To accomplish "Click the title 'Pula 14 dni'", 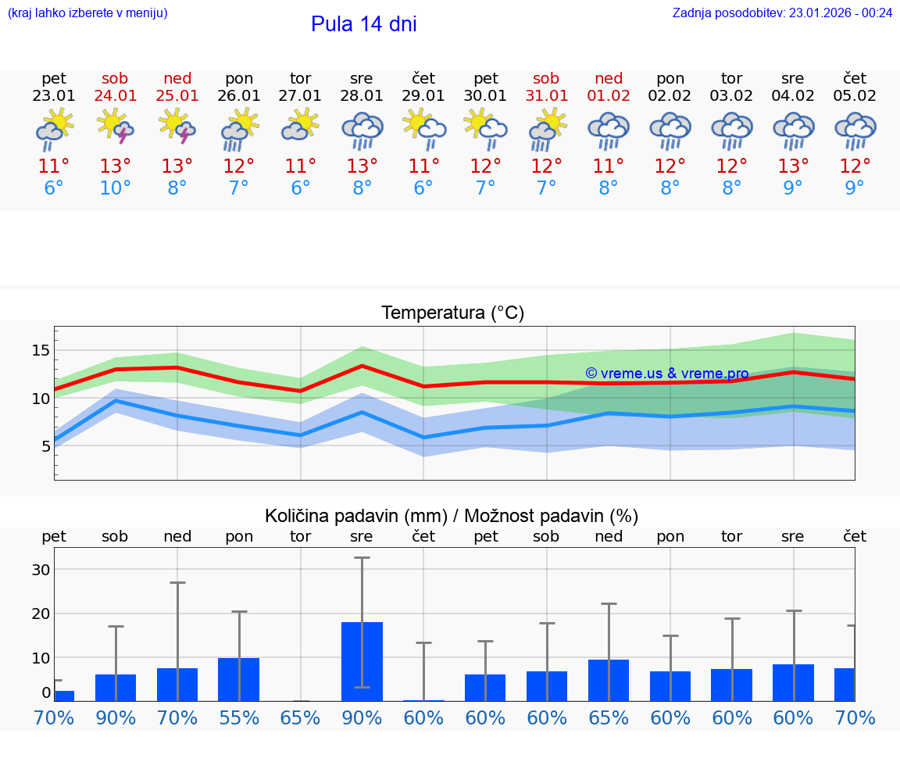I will point(363,24).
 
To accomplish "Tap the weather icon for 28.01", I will point(362,130).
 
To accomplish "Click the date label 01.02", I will point(609,96).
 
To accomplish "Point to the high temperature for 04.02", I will point(793,166).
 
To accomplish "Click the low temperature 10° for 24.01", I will point(115,188).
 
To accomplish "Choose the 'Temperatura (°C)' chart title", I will point(452,313).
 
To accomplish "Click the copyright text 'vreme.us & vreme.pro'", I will point(666,374).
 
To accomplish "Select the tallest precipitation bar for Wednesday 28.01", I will point(362,661).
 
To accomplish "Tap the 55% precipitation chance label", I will point(238,717).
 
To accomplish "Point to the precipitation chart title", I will point(451,516).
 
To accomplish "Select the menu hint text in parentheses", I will point(87,13).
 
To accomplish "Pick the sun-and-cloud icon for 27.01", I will point(301,125).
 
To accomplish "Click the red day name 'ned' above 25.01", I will point(177,78).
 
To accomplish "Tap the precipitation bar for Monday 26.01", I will point(238,679).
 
